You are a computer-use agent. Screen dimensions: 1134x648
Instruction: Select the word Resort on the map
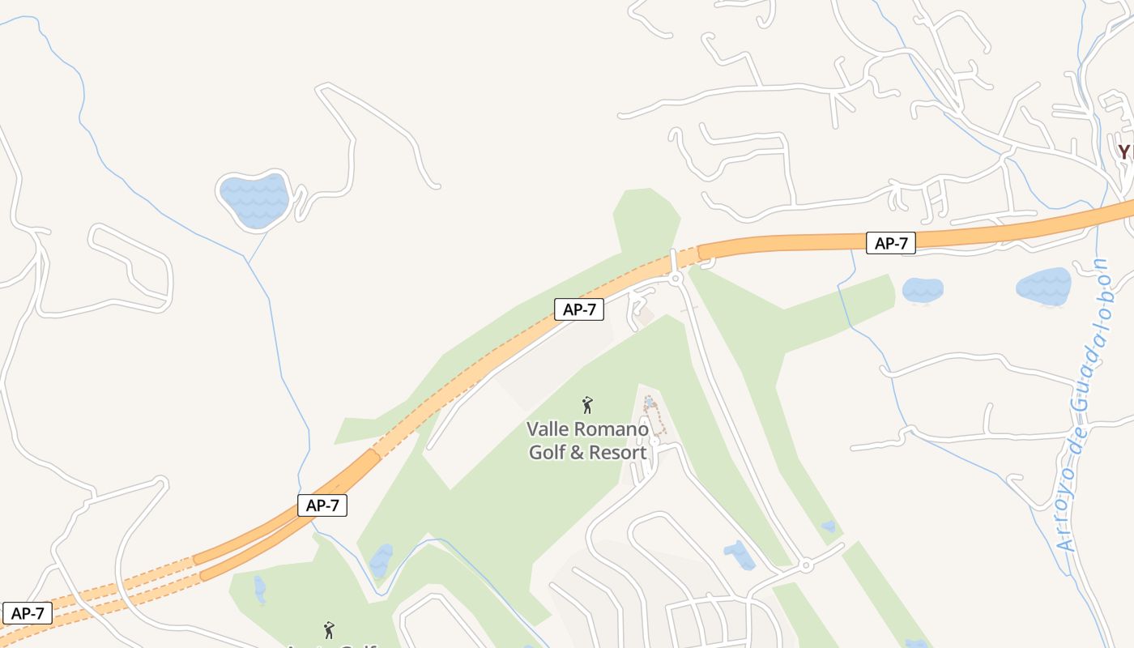[x=618, y=452]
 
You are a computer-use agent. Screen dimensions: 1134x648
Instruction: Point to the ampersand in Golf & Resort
[x=577, y=452]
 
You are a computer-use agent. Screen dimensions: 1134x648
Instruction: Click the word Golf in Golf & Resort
[x=547, y=452]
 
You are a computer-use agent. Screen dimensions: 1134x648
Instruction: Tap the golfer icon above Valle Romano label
[x=588, y=405]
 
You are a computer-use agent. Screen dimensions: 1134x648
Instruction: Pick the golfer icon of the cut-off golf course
[x=329, y=629]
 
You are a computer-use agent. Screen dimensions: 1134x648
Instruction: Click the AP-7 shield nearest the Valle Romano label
[x=579, y=309]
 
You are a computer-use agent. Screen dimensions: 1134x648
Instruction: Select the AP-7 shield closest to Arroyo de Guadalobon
[x=891, y=242]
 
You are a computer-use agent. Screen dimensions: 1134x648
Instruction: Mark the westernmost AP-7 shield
[x=27, y=613]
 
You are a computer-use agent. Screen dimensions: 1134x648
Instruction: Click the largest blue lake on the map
[x=254, y=198]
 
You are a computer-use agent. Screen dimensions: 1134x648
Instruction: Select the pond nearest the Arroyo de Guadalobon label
[x=1044, y=286]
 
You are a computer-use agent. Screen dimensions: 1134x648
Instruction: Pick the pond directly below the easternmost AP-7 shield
[x=923, y=289]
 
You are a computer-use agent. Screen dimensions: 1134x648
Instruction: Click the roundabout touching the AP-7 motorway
[x=676, y=279]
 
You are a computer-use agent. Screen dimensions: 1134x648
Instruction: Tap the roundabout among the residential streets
[x=805, y=565]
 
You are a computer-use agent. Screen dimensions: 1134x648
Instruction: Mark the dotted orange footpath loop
[x=655, y=415]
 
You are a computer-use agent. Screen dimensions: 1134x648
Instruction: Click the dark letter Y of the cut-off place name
[x=1123, y=151]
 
